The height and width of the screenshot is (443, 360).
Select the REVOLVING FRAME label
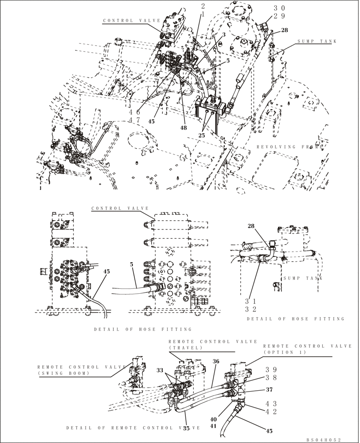pos(290,147)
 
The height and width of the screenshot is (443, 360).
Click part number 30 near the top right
pos(279,8)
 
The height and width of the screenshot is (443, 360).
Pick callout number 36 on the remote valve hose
pos(216,361)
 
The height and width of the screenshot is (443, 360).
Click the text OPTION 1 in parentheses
pos(284,352)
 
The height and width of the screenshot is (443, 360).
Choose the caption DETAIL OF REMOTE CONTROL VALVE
pos(133,428)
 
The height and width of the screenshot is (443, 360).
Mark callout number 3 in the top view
pos(224,34)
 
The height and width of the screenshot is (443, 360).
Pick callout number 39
pos(271,369)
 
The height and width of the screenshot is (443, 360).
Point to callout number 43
pos(271,403)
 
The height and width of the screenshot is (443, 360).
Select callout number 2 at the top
pos(203,6)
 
